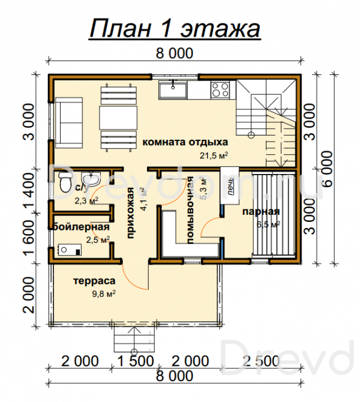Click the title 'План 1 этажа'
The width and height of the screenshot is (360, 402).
point(175,28)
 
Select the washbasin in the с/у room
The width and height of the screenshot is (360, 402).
point(91,179)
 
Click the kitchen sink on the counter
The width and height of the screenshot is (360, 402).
point(173,90)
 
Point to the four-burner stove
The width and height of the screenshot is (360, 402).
point(220,90)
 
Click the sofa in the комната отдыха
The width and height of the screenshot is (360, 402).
point(69,122)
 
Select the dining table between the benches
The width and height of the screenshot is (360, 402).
point(118,118)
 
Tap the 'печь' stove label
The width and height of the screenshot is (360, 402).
point(231,186)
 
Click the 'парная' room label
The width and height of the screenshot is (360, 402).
point(261,212)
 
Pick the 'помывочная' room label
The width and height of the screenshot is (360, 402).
point(190,210)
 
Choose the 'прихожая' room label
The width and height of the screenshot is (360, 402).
point(131,214)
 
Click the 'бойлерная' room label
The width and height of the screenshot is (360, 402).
point(81,227)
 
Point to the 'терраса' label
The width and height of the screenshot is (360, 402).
point(94,281)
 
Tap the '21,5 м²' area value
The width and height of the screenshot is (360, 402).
point(214,155)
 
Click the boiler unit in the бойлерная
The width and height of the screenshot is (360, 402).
point(70,250)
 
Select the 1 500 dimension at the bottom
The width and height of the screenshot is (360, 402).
point(136,361)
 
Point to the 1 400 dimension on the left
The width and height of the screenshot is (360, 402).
point(29,191)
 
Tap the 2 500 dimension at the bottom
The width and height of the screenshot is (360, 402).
point(261,361)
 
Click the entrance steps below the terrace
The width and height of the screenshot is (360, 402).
point(134,340)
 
